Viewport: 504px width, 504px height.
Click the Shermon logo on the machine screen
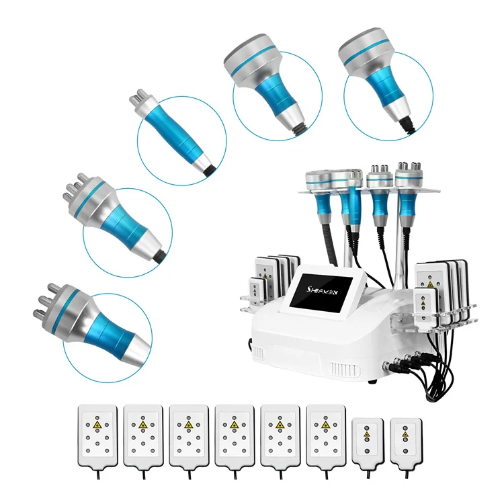pyautogui.click(x=327, y=284)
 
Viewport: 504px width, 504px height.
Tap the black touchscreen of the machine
pyautogui.click(x=327, y=293)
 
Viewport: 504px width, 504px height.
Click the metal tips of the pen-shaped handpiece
pyautogui.click(x=137, y=102)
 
